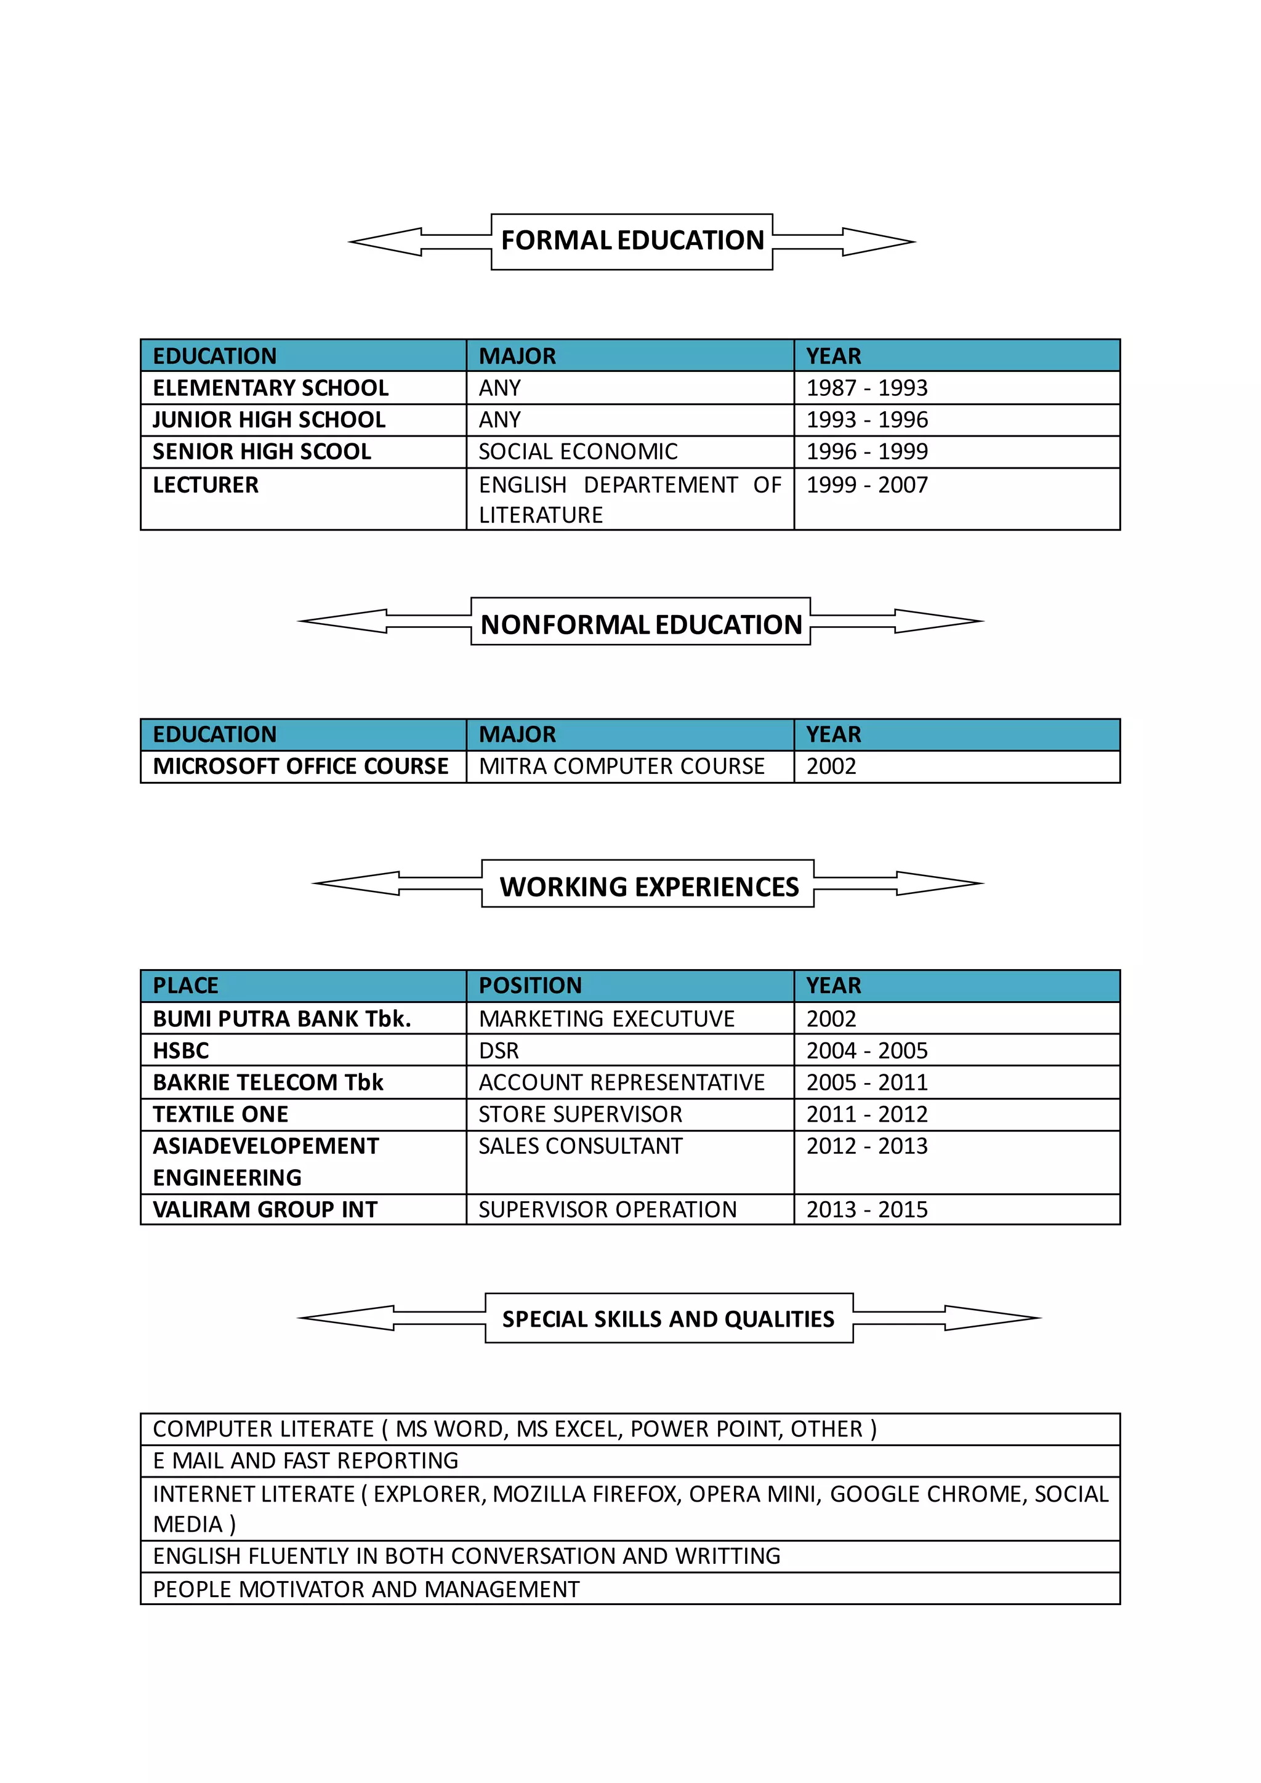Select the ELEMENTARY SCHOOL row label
pos(270,387)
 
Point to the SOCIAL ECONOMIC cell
pos(578,451)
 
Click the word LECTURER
pos(206,485)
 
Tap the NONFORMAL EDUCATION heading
pos(640,624)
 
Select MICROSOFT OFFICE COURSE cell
pos(300,767)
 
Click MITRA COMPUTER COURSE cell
pos(621,767)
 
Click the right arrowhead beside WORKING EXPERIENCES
pos(940,883)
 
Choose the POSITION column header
pos(530,986)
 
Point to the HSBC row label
pos(181,1051)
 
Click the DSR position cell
pos(499,1051)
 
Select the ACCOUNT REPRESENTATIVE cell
pos(621,1082)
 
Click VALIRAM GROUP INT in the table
pos(265,1210)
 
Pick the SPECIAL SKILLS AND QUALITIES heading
pos(668,1319)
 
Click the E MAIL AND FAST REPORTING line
pos(305,1461)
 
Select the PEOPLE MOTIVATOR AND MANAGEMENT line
pos(366,1589)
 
